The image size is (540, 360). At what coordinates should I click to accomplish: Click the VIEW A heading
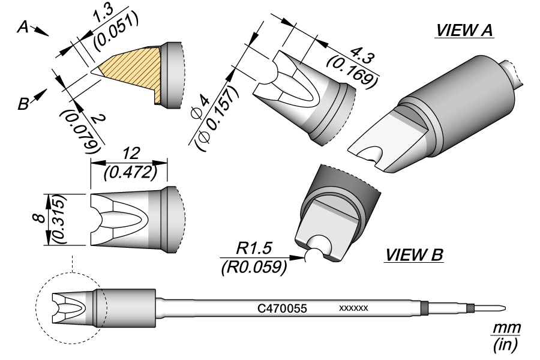pyautogui.click(x=464, y=31)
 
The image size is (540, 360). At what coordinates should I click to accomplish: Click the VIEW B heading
pyautogui.click(x=414, y=256)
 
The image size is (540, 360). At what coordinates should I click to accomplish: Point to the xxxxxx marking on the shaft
pyautogui.click(x=353, y=308)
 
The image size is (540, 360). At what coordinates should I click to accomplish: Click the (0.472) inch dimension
pyautogui.click(x=130, y=172)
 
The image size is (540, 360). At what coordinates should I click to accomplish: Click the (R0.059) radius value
pyautogui.click(x=252, y=266)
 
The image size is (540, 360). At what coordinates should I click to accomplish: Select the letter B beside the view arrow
pyautogui.click(x=23, y=104)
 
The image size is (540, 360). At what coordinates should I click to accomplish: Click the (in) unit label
pyautogui.click(x=506, y=345)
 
